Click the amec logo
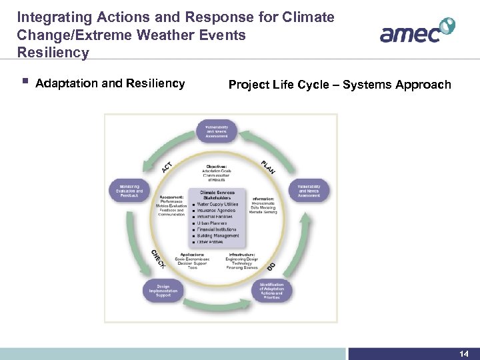[x=417, y=31]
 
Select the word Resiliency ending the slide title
[x=53, y=53]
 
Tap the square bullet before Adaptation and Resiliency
[x=25, y=82]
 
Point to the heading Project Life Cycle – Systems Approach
[x=339, y=85]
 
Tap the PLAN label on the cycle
[x=268, y=166]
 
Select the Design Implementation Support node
[x=163, y=291]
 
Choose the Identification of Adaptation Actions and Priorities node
[x=271, y=291]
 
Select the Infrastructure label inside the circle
[x=241, y=254]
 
